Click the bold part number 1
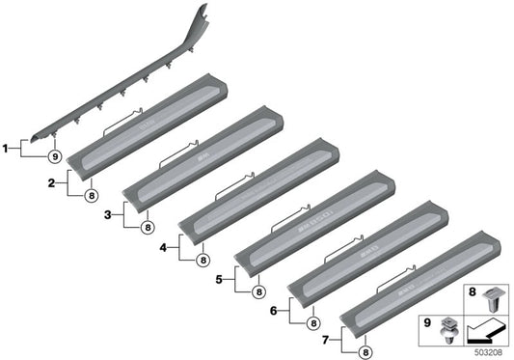point(6,148)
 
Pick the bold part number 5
point(219,279)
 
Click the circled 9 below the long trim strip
point(54,156)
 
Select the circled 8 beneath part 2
point(93,196)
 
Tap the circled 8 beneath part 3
point(148,229)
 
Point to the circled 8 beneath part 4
point(203,261)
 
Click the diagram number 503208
point(488,353)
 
